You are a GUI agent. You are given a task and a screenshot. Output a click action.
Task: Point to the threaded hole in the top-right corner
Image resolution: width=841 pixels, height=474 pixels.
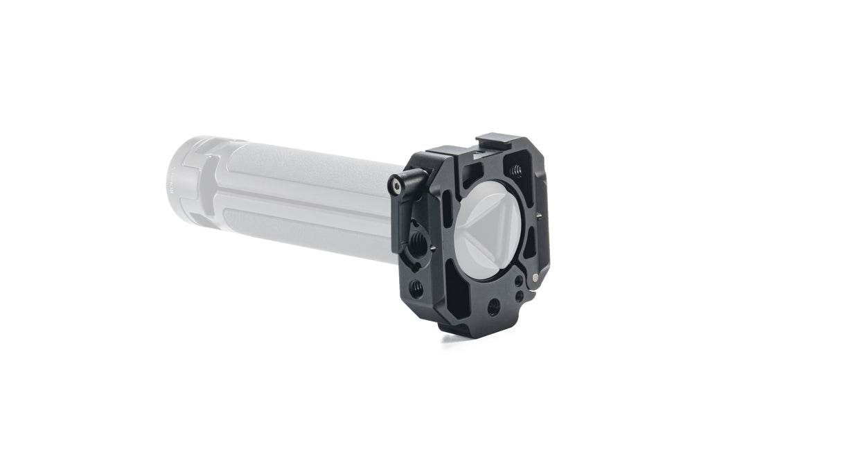[516, 169]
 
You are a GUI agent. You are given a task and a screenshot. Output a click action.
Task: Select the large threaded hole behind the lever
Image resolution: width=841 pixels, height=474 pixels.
[420, 240]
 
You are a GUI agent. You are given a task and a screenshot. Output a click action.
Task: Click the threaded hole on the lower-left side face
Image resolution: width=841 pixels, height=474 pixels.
[417, 288]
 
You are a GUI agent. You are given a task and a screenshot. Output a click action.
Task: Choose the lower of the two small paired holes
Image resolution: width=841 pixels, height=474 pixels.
[518, 296]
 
